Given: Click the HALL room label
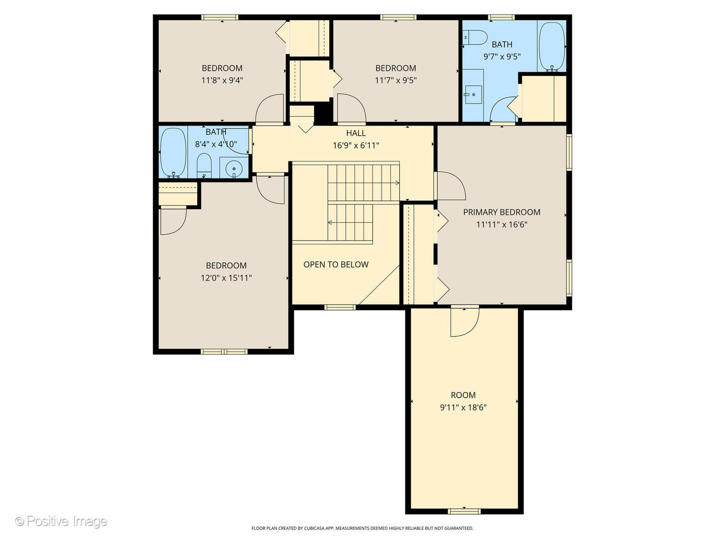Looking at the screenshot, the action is point(356,133).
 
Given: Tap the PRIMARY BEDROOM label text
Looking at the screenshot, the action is point(501,212).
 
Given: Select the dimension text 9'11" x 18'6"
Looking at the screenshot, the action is point(463,407).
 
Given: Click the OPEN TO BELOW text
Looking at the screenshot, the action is point(336,264).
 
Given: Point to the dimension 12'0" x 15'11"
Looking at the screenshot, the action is point(226,278).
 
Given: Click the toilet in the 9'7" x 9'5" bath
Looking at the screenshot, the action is point(475,38).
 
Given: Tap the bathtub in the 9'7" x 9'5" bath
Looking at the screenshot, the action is point(552,46).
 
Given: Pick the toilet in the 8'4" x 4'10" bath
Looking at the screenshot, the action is point(204,165).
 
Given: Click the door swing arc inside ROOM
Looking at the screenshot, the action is point(469,326).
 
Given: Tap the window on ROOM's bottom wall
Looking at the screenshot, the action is point(464,511).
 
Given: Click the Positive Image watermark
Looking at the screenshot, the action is point(61,521).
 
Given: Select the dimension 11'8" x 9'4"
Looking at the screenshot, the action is point(223,80).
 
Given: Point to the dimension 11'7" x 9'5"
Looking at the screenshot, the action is point(396,80).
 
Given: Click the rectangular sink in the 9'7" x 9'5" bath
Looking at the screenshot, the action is point(473,95).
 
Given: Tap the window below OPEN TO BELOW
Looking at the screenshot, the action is point(340,307).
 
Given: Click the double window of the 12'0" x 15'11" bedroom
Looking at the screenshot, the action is point(224,352).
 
